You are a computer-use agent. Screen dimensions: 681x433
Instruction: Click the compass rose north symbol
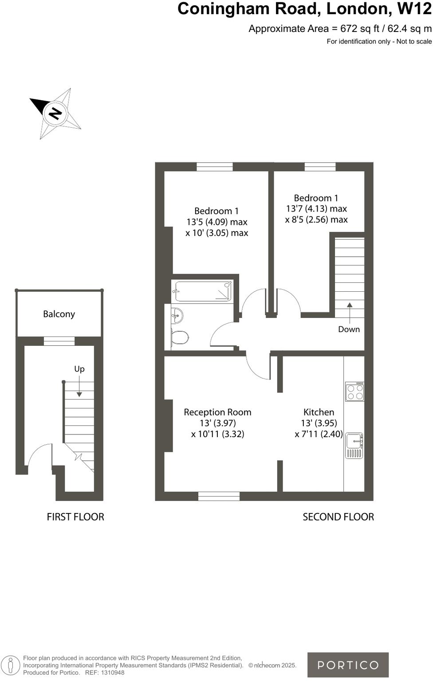[55, 113]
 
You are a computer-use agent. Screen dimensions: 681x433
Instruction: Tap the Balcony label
[59, 314]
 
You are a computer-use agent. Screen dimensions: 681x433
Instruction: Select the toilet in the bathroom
[180, 337]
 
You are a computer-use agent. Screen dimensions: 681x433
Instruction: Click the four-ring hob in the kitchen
[355, 391]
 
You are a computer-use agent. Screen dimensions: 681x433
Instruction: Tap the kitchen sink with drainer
[354, 446]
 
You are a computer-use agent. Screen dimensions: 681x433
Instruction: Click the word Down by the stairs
[349, 329]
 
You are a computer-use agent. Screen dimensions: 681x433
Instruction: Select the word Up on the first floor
[79, 368]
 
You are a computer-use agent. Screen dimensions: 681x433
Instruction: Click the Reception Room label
[217, 412]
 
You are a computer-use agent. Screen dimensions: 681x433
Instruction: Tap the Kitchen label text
[319, 412]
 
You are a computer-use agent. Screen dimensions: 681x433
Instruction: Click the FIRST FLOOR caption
[75, 517]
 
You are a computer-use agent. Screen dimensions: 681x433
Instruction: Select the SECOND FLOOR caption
[338, 517]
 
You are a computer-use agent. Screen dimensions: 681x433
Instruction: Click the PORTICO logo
[348, 665]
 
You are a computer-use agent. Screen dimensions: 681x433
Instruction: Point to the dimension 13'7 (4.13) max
[316, 208]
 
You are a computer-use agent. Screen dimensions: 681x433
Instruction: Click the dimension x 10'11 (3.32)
[217, 434]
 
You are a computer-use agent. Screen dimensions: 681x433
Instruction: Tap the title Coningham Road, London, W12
[304, 9]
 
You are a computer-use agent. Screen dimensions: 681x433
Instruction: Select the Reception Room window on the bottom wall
[219, 496]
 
